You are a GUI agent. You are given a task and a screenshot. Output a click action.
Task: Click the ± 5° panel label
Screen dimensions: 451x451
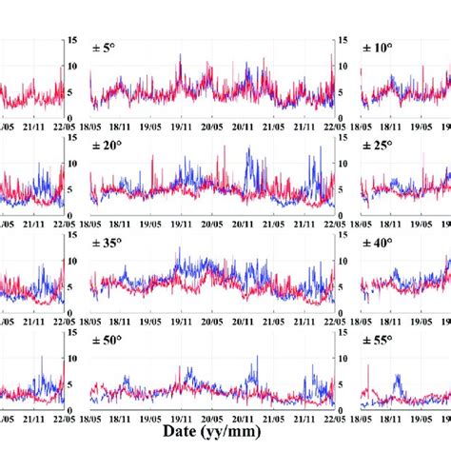point(104,48)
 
